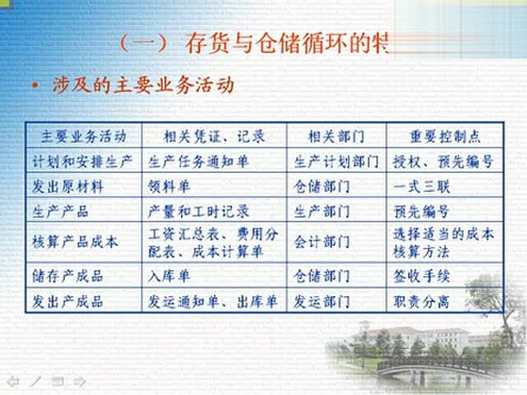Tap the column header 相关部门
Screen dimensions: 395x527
click(x=336, y=135)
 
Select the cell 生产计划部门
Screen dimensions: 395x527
click(x=336, y=161)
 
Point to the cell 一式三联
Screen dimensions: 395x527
click(x=422, y=187)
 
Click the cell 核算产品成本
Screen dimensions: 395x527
click(x=74, y=242)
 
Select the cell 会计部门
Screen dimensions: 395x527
click(x=322, y=242)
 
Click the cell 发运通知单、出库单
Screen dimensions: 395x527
click(x=213, y=302)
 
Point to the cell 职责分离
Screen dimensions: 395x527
click(x=422, y=302)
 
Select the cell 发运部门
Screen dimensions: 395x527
click(x=322, y=302)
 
